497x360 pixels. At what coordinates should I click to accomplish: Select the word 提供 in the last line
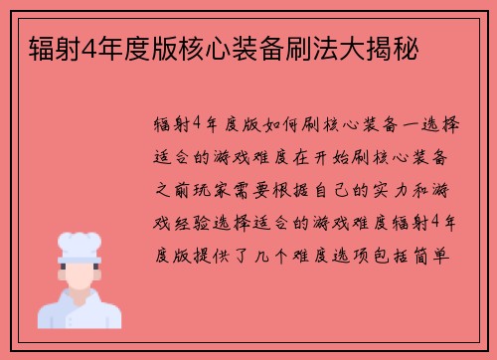click(211, 253)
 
